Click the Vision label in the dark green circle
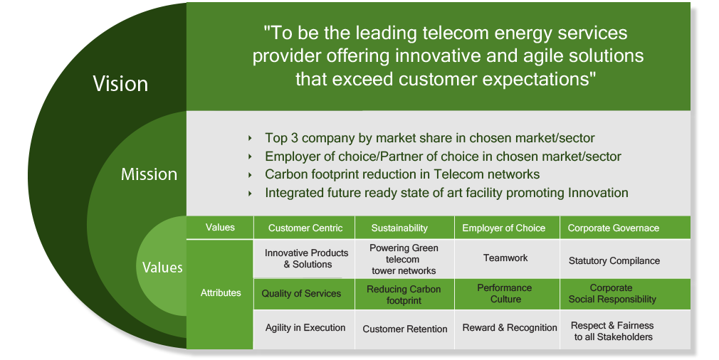coord(120,84)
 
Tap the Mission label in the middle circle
coord(149,174)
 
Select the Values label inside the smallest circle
coord(162,267)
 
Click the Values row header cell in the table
coord(220,228)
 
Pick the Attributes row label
coord(221,293)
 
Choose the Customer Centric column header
coord(305,228)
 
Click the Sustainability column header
coord(399,228)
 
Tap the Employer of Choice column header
coord(503,228)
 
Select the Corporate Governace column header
coord(614,228)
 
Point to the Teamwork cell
coord(505,258)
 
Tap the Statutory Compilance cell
coord(614,260)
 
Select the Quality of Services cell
coord(301,294)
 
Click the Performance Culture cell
coord(505,294)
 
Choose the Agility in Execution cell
coord(305,328)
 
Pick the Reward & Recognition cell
coord(510,328)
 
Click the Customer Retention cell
coord(405,329)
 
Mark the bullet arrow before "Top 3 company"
coord(250,138)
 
